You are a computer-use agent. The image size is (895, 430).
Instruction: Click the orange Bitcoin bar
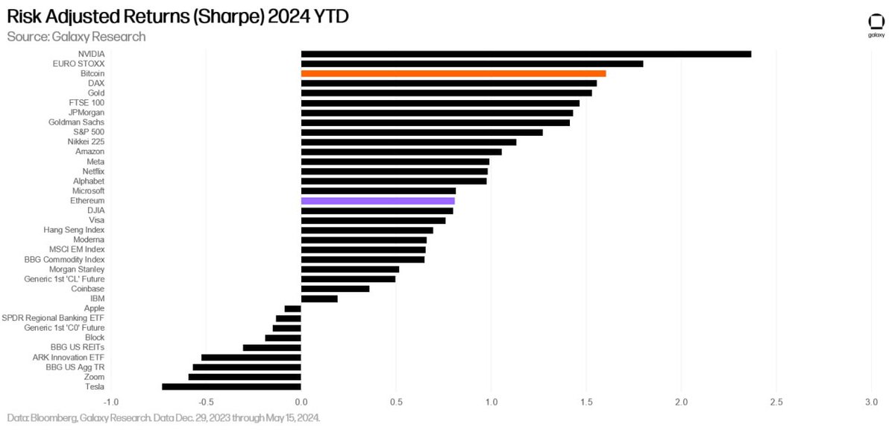(453, 74)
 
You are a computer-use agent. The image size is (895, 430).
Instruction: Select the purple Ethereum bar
(377, 201)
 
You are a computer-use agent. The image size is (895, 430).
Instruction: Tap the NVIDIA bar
(526, 54)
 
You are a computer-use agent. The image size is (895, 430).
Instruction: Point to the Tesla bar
(231, 387)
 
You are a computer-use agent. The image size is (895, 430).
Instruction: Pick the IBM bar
(319, 299)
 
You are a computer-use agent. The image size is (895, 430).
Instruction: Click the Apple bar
(292, 308)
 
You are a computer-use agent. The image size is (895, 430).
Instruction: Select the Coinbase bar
(335, 289)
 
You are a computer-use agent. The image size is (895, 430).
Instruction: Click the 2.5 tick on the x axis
(776, 402)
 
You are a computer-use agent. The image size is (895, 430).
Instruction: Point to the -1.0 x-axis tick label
(110, 402)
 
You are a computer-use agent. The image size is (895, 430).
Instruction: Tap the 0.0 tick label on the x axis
(301, 402)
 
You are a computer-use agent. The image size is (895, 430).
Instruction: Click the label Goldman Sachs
(76, 122)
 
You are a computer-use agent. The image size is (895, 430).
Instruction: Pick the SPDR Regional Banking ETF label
(53, 318)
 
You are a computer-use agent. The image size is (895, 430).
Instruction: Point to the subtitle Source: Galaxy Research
(76, 36)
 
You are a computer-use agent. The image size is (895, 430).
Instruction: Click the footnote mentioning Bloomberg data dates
(163, 419)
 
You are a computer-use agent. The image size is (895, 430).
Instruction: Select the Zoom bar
(245, 377)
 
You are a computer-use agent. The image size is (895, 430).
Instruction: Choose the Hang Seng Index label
(74, 230)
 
